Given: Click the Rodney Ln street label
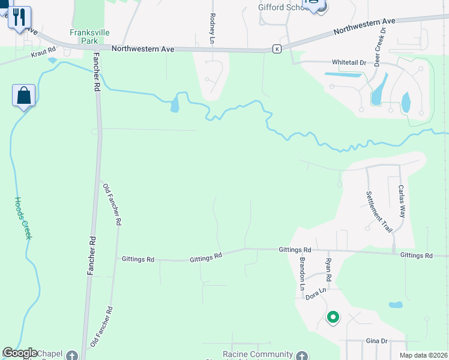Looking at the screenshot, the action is pyautogui.click(x=212, y=29).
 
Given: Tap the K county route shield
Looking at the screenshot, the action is pyautogui.click(x=276, y=49).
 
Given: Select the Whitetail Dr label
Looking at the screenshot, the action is pyautogui.click(x=349, y=62).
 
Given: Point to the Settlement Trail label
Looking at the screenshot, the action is pyautogui.click(x=379, y=212).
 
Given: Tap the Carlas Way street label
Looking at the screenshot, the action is pyautogui.click(x=402, y=200).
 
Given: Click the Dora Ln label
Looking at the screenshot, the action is pyautogui.click(x=316, y=295).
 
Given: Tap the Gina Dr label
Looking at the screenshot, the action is pyautogui.click(x=377, y=341).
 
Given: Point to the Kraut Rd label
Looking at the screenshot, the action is pyautogui.click(x=44, y=55).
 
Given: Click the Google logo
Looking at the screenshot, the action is pyautogui.click(x=20, y=353).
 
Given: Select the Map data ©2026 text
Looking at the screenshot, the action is pyautogui.click(x=423, y=355).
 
